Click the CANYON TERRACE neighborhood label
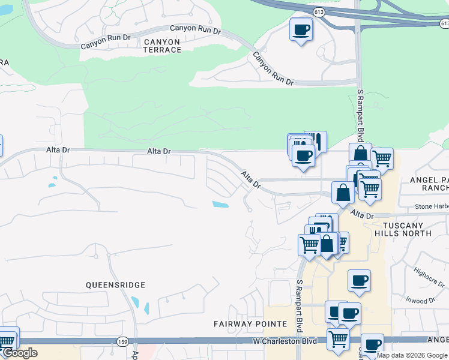162,46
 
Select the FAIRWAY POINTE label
250,324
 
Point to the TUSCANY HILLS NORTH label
402,230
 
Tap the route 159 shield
122,341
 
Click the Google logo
20,353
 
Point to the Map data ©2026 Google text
412,355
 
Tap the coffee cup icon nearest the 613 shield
301,29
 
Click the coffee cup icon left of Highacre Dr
359,280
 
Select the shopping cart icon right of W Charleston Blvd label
338,338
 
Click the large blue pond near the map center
220,205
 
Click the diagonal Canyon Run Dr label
273,68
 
